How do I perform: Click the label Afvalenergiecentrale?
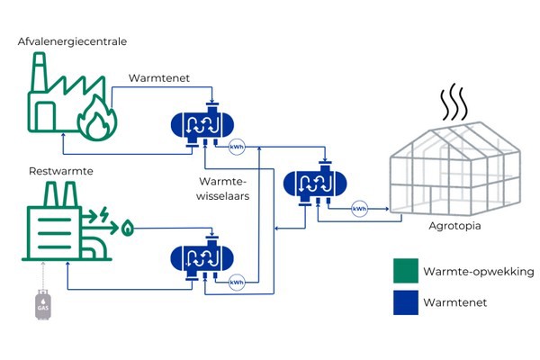72,41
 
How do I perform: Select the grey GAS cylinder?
41,305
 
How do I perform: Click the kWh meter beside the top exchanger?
238,147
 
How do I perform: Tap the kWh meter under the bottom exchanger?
238,281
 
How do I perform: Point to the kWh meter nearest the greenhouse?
360,209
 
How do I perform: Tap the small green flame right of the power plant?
128,229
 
